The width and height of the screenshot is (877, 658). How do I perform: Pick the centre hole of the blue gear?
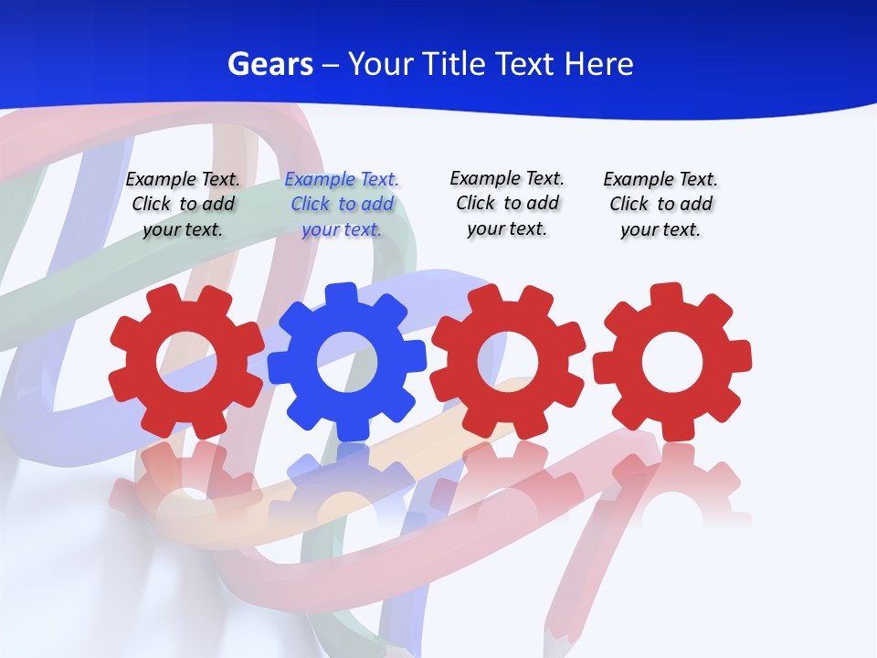(346, 361)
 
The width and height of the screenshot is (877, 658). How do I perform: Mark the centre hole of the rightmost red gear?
(671, 361)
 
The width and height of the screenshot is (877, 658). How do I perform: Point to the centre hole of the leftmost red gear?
(186, 361)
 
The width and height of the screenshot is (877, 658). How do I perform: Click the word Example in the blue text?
(320, 180)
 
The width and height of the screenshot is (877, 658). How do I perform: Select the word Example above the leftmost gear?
(160, 180)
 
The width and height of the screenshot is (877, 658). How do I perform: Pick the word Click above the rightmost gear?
(629, 204)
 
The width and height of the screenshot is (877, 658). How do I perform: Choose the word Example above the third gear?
(484, 179)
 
